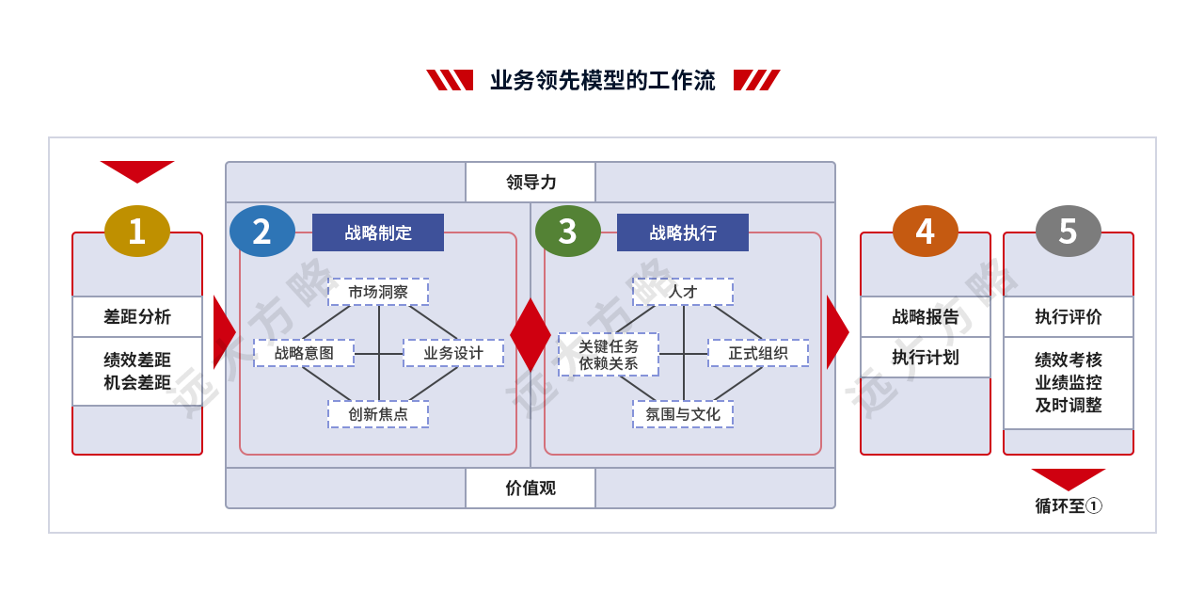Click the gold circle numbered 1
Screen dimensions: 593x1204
pyautogui.click(x=137, y=232)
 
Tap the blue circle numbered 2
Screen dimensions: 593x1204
pyautogui.click(x=262, y=232)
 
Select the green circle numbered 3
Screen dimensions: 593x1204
pyautogui.click(x=567, y=232)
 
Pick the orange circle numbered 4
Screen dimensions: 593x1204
pyautogui.click(x=925, y=232)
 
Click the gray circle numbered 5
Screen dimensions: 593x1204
pyautogui.click(x=1068, y=232)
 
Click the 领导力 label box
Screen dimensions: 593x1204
pyautogui.click(x=531, y=183)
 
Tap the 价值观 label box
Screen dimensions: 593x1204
pyautogui.click(x=531, y=488)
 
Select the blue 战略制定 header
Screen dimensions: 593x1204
pyautogui.click(x=378, y=232)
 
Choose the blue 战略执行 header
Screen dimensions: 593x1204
pyautogui.click(x=683, y=232)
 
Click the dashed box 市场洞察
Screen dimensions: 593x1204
pyautogui.click(x=378, y=292)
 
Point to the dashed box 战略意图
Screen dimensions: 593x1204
pyautogui.click(x=304, y=353)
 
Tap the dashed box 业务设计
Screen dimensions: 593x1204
pyautogui.click(x=453, y=353)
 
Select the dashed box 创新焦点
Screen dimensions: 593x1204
pyautogui.click(x=378, y=414)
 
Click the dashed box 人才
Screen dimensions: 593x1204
pyautogui.click(x=683, y=292)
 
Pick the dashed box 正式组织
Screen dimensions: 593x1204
pyautogui.click(x=758, y=353)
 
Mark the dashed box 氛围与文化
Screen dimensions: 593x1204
pyautogui.click(x=683, y=414)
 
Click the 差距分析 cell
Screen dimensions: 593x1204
pyautogui.click(x=137, y=317)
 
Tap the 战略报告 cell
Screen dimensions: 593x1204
pyautogui.click(x=925, y=317)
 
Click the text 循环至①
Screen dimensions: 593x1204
pyautogui.click(x=1069, y=505)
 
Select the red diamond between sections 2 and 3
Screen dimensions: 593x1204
pyautogui.click(x=531, y=334)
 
